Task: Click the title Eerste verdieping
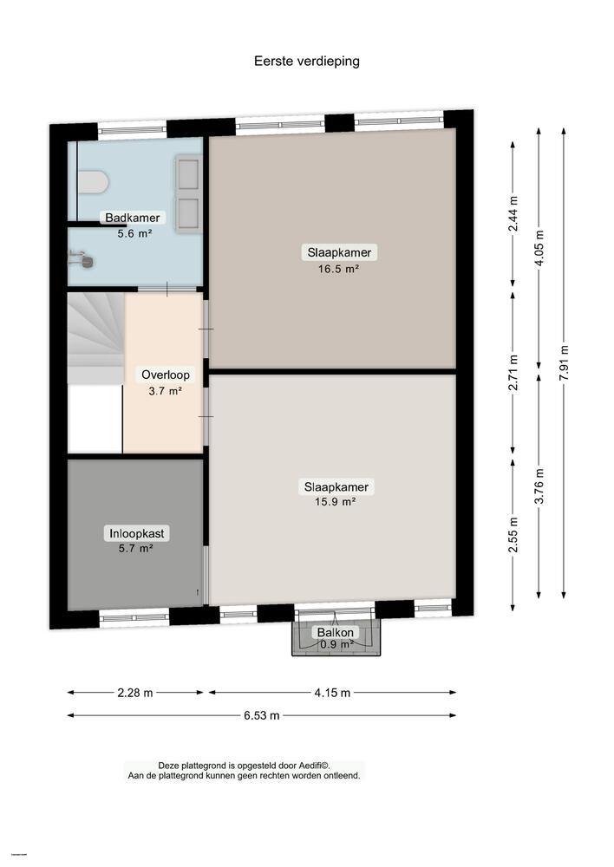point(306,61)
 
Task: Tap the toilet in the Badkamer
point(93,182)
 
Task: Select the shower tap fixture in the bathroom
point(80,257)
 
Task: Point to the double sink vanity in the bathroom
point(188,193)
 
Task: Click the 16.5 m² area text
point(339,269)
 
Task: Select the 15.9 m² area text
point(336,501)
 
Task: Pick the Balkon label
point(335,633)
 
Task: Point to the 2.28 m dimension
point(135,693)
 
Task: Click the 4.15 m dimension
point(332,693)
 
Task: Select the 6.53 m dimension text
point(261,715)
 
